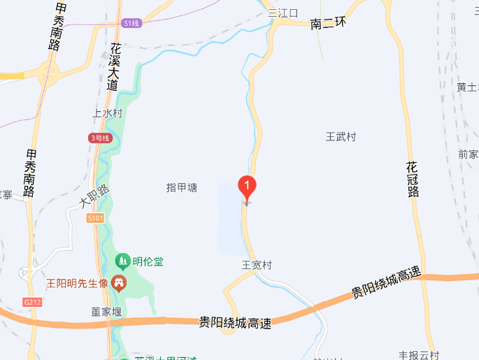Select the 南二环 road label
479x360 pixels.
(329, 24)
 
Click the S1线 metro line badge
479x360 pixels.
(131, 23)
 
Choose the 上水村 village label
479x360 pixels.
(108, 113)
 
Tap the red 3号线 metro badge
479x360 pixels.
(101, 138)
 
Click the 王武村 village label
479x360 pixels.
(341, 136)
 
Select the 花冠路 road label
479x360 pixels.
(412, 179)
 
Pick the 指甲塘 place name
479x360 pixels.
(182, 187)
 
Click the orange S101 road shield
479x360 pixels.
(96, 218)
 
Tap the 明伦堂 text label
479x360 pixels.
(149, 261)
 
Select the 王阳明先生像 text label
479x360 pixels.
(77, 283)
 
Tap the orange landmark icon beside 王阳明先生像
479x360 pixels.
(120, 283)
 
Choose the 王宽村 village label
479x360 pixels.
(257, 265)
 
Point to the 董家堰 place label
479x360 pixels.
(106, 312)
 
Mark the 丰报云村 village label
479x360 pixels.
(419, 355)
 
